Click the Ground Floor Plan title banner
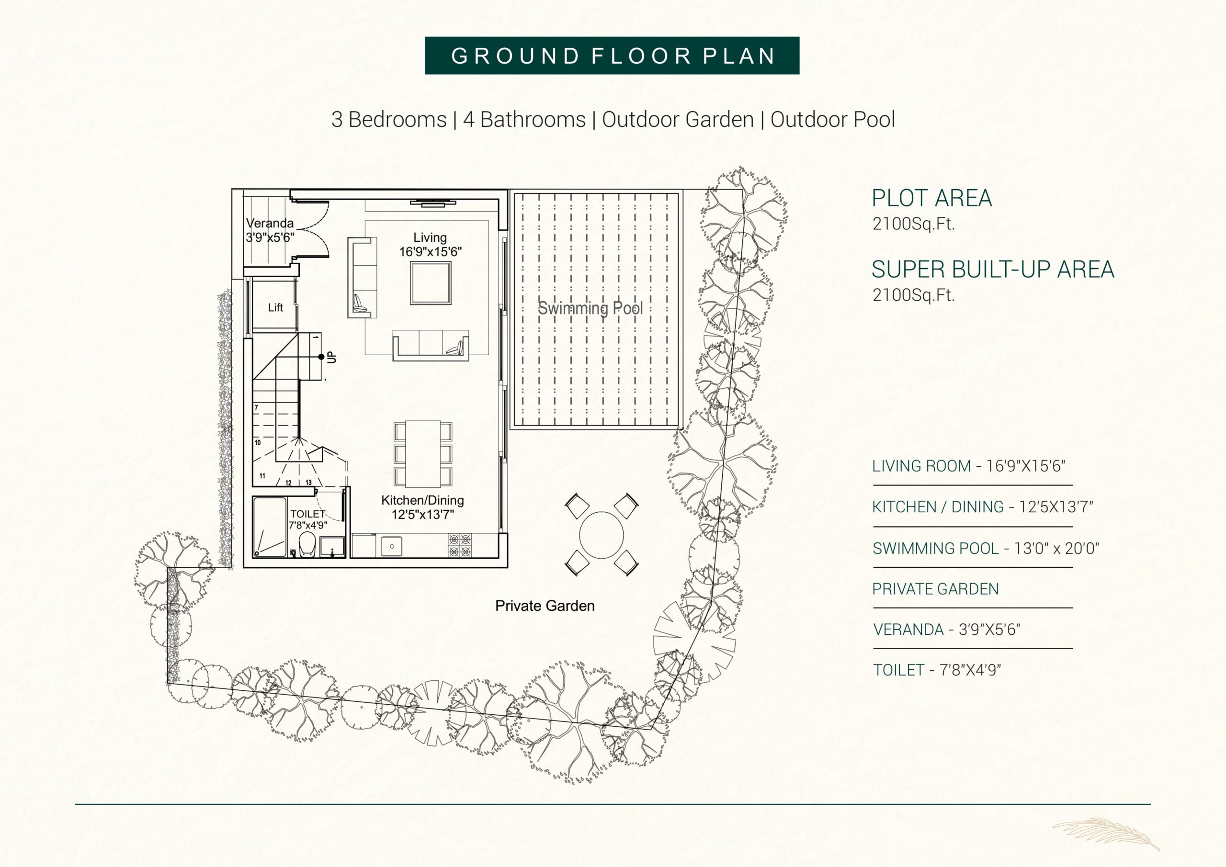[612, 56]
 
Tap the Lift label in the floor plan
[275, 307]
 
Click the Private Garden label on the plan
[545, 606]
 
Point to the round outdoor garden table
[601, 534]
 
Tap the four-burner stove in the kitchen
[459, 546]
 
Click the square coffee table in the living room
[431, 283]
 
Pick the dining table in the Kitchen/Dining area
[423, 454]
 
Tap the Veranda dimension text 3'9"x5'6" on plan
[270, 237]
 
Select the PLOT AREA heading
[932, 198]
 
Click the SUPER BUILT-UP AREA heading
[993, 270]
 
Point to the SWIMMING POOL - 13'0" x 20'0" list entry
[986, 548]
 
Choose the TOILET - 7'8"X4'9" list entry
[937, 670]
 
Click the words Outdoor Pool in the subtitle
[832, 120]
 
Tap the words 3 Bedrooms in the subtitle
[389, 120]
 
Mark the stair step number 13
[308, 483]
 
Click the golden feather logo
[1106, 833]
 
